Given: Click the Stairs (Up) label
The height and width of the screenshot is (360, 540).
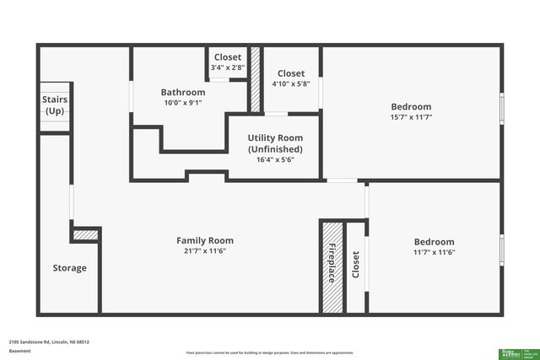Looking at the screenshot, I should [x=55, y=105].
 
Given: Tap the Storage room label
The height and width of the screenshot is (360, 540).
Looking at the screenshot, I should [x=70, y=268].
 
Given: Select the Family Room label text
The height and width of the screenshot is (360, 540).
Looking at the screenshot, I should [x=204, y=240].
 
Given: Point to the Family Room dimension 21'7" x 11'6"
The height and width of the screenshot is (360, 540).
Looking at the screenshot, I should [x=204, y=250].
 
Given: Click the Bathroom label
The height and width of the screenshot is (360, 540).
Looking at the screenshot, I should [x=183, y=92].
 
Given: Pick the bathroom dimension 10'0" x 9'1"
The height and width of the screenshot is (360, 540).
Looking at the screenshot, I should [x=183, y=102].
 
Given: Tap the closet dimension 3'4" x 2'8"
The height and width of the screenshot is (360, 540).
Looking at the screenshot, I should [x=227, y=67].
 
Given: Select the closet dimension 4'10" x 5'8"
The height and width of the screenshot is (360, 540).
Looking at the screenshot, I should [x=291, y=83].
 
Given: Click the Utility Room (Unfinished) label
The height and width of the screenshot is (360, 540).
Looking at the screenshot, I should [x=275, y=143].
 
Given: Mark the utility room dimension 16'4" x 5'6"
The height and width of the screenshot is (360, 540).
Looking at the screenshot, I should [x=275, y=159].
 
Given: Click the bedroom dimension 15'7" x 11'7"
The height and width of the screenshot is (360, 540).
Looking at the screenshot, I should [x=411, y=116].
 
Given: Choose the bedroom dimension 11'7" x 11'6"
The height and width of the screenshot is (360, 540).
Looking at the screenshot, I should [x=435, y=252].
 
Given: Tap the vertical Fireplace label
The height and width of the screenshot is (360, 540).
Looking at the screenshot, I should [x=332, y=263].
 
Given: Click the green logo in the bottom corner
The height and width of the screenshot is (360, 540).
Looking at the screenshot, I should [x=510, y=352].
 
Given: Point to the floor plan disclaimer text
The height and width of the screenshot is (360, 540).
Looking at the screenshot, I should [x=270, y=352].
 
